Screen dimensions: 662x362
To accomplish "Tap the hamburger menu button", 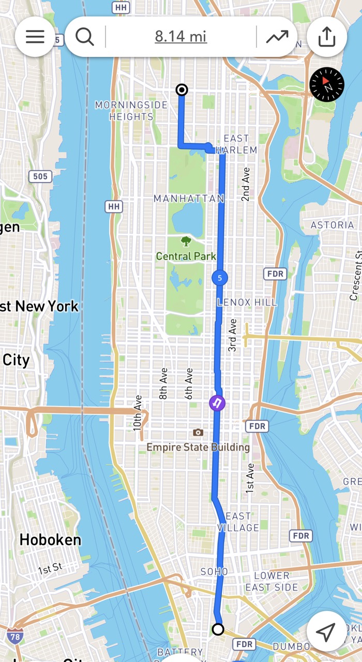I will pyautogui.click(x=35, y=37).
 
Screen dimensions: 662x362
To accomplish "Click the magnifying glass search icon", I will pyautogui.click(x=84, y=37).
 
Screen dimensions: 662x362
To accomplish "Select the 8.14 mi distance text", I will pyautogui.click(x=180, y=37).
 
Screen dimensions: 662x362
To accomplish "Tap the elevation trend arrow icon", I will pyautogui.click(x=277, y=37).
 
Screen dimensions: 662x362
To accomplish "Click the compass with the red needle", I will pyautogui.click(x=326, y=84).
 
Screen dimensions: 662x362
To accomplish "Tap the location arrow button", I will pyautogui.click(x=326, y=631).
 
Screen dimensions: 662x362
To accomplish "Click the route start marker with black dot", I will pyautogui.click(x=182, y=90).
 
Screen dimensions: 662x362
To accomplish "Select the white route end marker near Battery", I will pyautogui.click(x=218, y=629).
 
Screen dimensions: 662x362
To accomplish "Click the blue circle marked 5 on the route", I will pyautogui.click(x=220, y=278).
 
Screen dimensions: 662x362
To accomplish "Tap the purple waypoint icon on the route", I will pyautogui.click(x=217, y=403).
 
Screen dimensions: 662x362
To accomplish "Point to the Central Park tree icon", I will pyautogui.click(x=186, y=241).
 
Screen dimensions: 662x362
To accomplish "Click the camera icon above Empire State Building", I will pyautogui.click(x=198, y=432).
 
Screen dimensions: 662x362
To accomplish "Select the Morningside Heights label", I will pyautogui.click(x=131, y=111).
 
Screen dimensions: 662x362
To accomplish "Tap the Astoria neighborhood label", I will pyautogui.click(x=332, y=225).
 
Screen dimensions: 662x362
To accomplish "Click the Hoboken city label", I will pyautogui.click(x=50, y=540).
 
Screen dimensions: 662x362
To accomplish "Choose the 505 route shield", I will pyautogui.click(x=40, y=176).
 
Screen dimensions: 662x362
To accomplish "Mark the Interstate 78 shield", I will pyautogui.click(x=15, y=636).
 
